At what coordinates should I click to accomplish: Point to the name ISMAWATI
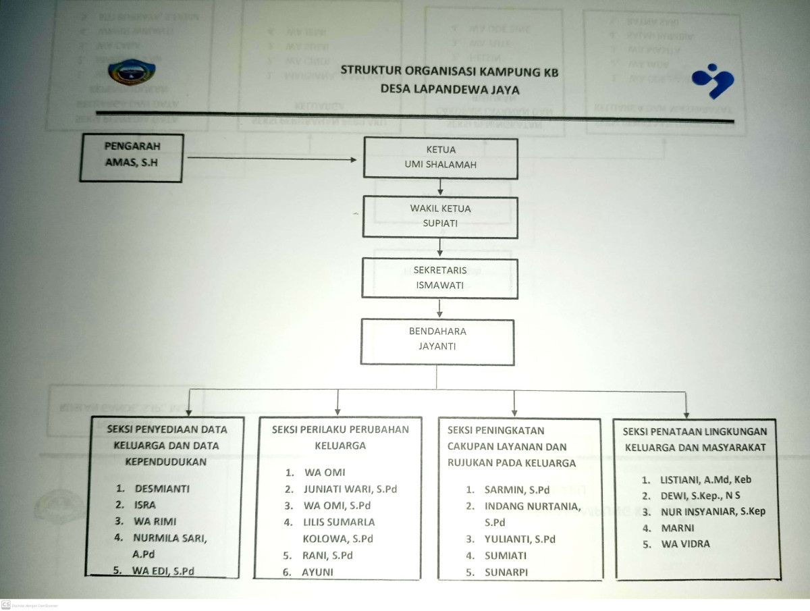click(439, 285)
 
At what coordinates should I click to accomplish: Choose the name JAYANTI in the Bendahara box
click(437, 346)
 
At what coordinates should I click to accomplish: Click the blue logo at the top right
click(713, 80)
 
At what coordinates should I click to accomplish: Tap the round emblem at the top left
click(131, 72)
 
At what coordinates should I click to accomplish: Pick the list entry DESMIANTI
click(162, 487)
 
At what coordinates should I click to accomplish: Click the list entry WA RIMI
click(155, 521)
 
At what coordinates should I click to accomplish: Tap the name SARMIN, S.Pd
click(516, 489)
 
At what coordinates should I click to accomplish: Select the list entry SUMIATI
click(506, 556)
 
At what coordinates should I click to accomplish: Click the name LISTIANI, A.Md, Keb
click(706, 479)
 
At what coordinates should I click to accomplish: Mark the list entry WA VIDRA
click(686, 543)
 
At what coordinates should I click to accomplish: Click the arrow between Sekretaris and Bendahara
click(439, 309)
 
